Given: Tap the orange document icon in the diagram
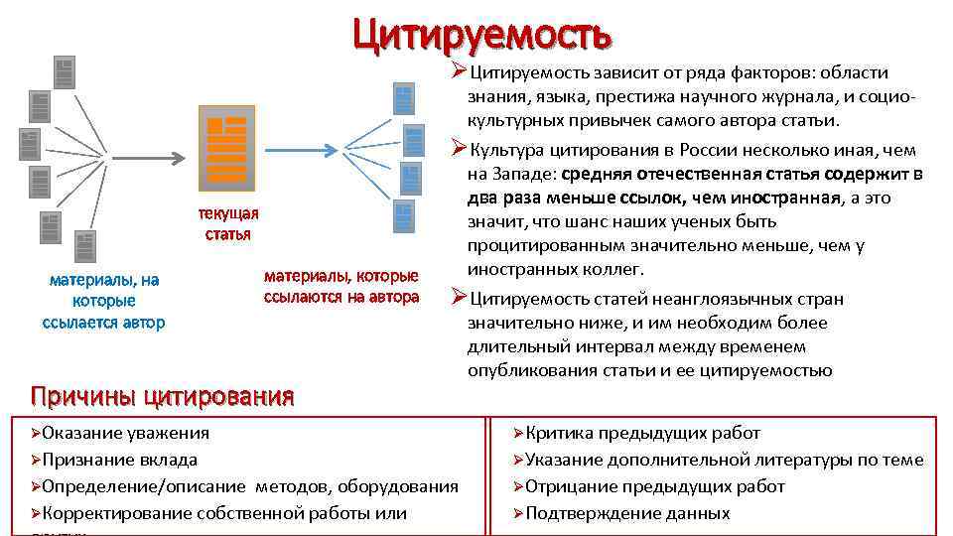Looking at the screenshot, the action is click(x=226, y=147).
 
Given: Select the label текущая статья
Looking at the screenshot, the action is click(x=227, y=224).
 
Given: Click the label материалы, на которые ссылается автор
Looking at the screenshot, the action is click(x=104, y=301).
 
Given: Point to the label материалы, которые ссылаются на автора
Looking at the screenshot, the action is click(x=341, y=286).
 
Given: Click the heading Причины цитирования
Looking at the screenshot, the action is click(x=162, y=396).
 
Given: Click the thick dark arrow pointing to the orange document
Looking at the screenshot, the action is click(x=149, y=157).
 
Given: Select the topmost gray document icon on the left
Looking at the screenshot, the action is click(x=65, y=71).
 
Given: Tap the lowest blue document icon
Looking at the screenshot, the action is click(x=402, y=215).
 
